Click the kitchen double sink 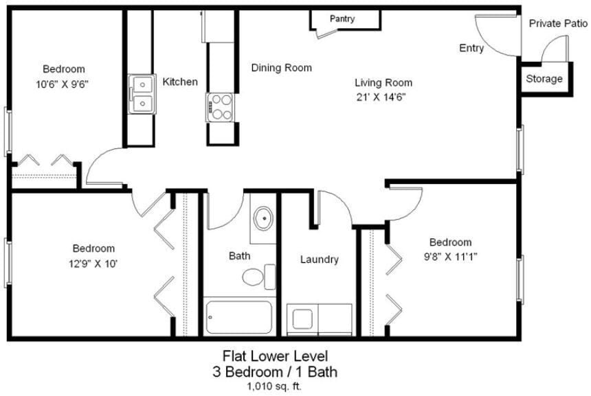click(142, 94)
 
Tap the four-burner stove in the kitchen click(220, 107)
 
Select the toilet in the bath click(256, 277)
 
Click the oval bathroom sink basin click(263, 220)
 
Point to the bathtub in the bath click(238, 317)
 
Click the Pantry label click(342, 19)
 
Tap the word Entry click(471, 48)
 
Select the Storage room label click(544, 79)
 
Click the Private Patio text click(558, 23)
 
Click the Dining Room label click(281, 68)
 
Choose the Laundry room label click(320, 259)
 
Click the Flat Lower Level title click(275, 356)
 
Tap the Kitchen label click(180, 82)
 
